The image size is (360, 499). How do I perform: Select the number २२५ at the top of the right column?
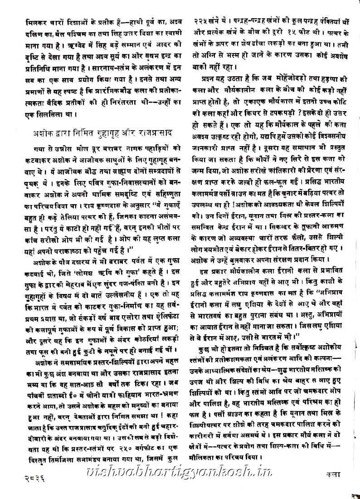[x=201, y=22]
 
